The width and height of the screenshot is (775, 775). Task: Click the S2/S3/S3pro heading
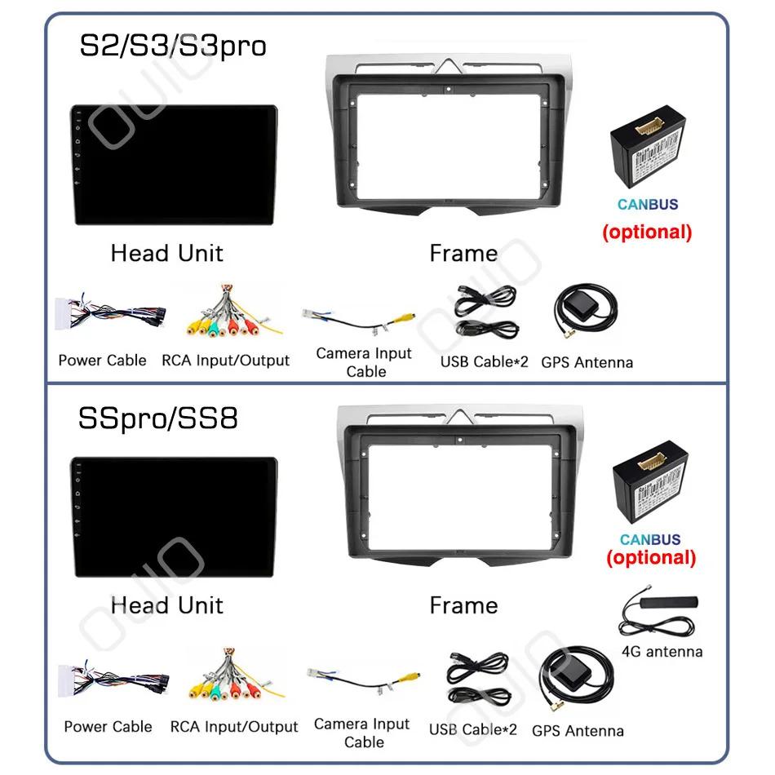point(172,45)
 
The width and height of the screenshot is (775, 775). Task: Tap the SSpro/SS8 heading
point(158,418)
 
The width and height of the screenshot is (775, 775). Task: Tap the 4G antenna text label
point(662,651)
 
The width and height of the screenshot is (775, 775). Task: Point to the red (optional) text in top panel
point(647,232)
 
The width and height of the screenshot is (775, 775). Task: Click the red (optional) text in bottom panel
point(650,558)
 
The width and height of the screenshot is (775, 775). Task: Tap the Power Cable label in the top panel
point(102,360)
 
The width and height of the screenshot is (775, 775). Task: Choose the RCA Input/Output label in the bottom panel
point(234,726)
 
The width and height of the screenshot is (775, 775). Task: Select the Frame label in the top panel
point(463,254)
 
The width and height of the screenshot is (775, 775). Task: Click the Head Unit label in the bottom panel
point(166,605)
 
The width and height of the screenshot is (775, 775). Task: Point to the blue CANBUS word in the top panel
point(648,205)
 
